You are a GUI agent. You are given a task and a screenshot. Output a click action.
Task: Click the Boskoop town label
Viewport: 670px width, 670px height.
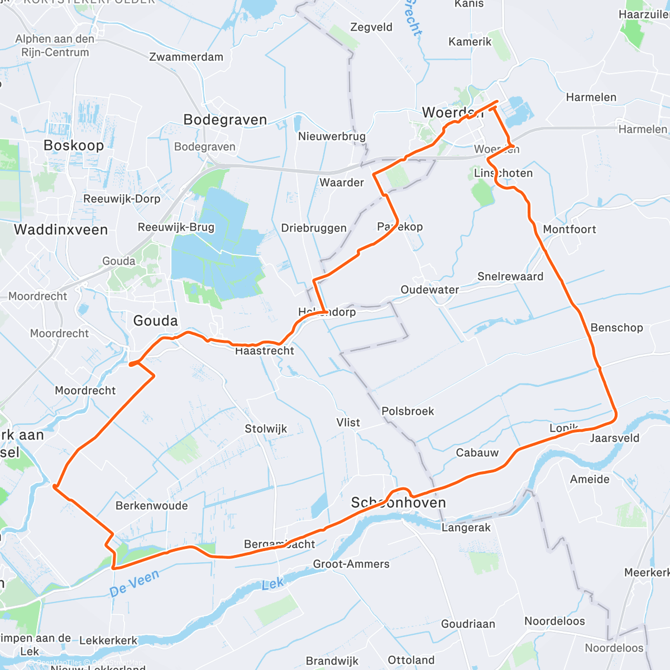[x=74, y=146]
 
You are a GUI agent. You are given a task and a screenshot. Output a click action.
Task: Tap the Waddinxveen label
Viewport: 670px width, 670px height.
[x=61, y=229]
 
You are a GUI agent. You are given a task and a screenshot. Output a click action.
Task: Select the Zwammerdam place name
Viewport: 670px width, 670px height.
[x=186, y=57]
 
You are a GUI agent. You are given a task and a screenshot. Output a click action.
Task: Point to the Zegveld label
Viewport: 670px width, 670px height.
[x=371, y=27]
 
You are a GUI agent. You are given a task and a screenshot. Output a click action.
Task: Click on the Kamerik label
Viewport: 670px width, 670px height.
[x=470, y=42]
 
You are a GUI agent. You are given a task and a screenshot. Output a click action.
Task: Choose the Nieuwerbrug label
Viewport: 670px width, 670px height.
[x=332, y=136]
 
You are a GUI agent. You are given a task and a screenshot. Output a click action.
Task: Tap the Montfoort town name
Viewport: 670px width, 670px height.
[x=569, y=229]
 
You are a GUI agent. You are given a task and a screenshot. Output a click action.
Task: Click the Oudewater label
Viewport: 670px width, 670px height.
[x=430, y=290]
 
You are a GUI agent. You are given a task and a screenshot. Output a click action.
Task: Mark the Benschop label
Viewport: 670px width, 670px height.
[x=617, y=328]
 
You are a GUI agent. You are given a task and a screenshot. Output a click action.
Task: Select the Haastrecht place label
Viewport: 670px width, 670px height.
[x=265, y=351]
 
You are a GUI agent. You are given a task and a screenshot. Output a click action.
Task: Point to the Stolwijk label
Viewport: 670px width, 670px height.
[x=266, y=429]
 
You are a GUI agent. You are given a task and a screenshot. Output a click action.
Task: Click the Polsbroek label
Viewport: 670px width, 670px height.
[x=408, y=411]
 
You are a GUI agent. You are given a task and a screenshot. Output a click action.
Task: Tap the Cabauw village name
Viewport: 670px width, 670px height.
[x=477, y=453]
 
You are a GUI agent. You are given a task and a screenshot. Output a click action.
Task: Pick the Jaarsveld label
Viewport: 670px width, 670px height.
[x=615, y=438]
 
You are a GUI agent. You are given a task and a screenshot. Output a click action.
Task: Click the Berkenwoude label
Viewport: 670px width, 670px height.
[x=152, y=506]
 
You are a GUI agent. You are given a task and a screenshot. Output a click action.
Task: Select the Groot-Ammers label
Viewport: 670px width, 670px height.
[x=351, y=564]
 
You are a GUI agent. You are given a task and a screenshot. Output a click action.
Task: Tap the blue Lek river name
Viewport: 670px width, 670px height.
[x=272, y=584]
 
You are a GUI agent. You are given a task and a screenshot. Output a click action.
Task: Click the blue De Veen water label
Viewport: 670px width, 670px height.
[x=135, y=582]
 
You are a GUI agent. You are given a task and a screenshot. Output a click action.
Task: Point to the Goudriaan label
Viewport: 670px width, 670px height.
[x=468, y=624]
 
